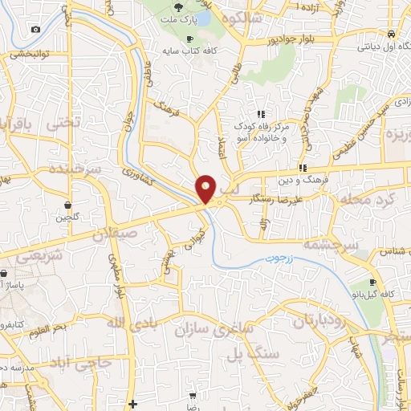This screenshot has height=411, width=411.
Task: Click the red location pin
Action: [x=205, y=189]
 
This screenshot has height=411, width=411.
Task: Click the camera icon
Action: [x=35, y=30]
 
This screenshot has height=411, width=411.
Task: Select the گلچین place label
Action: [x=68, y=217]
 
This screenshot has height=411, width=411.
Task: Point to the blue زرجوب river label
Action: [x=281, y=260]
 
